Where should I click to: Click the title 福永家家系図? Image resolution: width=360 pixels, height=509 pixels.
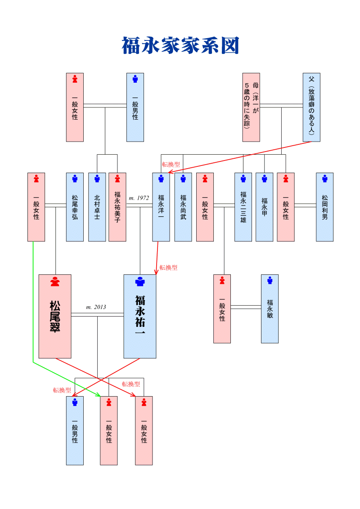coord(180,45)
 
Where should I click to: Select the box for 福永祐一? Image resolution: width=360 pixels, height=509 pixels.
coord(140,316)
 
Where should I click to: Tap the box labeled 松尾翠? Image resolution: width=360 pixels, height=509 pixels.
coord(55,316)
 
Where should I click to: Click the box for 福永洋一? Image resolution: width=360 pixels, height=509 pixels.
coord(161,207)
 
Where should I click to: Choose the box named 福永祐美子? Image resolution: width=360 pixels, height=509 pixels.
coord(117,207)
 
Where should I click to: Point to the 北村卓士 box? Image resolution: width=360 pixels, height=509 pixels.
coord(97,207)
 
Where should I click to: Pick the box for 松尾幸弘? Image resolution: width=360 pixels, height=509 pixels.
coord(75,207)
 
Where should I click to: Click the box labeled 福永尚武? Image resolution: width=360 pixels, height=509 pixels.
coord(183,207)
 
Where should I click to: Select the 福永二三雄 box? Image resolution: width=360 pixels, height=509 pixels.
coord(243,207)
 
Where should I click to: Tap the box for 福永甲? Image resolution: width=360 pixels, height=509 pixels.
coord(264,207)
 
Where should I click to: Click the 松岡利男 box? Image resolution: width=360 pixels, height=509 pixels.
coord(324,207)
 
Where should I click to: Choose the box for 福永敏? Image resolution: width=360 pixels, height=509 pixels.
coord(270,308)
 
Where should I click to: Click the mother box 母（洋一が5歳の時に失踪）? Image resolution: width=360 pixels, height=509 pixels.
coord(251,107)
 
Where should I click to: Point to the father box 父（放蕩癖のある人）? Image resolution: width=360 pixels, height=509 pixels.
coord(311,107)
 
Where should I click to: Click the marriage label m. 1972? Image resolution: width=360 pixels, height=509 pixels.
coord(139,198)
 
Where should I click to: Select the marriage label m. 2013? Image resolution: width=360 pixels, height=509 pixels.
coord(96,307)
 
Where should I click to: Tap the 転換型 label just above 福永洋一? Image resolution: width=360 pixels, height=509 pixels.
coord(171,165)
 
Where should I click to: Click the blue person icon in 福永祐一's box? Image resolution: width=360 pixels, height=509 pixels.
coord(140,281)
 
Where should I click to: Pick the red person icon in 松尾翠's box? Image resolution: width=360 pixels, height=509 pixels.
coord(55,281)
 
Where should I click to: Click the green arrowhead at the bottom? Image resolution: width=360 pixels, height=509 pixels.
coord(98,395)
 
